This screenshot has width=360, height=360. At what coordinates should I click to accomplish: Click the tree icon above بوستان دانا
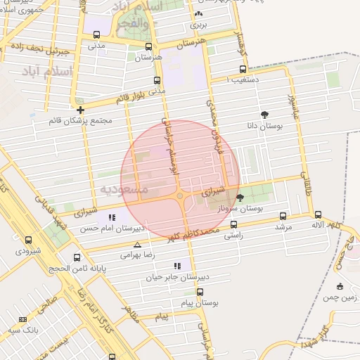(x=264, y=114)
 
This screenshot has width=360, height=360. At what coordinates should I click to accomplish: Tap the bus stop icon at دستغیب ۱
(x=243, y=69)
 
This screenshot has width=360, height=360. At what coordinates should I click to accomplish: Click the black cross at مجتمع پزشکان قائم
(x=81, y=110)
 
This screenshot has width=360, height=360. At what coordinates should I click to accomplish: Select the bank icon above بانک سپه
(x=22, y=319)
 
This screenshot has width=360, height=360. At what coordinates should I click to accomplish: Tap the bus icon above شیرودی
(x=28, y=240)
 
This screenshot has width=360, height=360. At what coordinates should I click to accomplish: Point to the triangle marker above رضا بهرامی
(x=137, y=245)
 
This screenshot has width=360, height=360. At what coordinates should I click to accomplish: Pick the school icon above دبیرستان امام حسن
(x=112, y=217)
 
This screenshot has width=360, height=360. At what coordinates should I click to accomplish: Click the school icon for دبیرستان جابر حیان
(x=177, y=266)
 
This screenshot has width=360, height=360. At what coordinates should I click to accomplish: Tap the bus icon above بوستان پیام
(x=200, y=291)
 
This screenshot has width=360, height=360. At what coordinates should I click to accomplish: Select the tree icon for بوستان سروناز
(x=240, y=198)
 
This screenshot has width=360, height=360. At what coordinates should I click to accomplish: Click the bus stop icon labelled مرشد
(x=283, y=216)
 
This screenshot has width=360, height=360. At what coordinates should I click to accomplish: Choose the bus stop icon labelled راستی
(x=235, y=225)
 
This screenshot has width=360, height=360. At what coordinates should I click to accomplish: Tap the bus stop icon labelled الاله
(x=318, y=214)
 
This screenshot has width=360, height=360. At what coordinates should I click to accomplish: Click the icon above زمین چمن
(x=340, y=286)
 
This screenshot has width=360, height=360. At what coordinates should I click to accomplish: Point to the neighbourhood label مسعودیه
(x=124, y=190)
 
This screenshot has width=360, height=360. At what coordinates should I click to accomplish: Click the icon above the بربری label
(x=198, y=13)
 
